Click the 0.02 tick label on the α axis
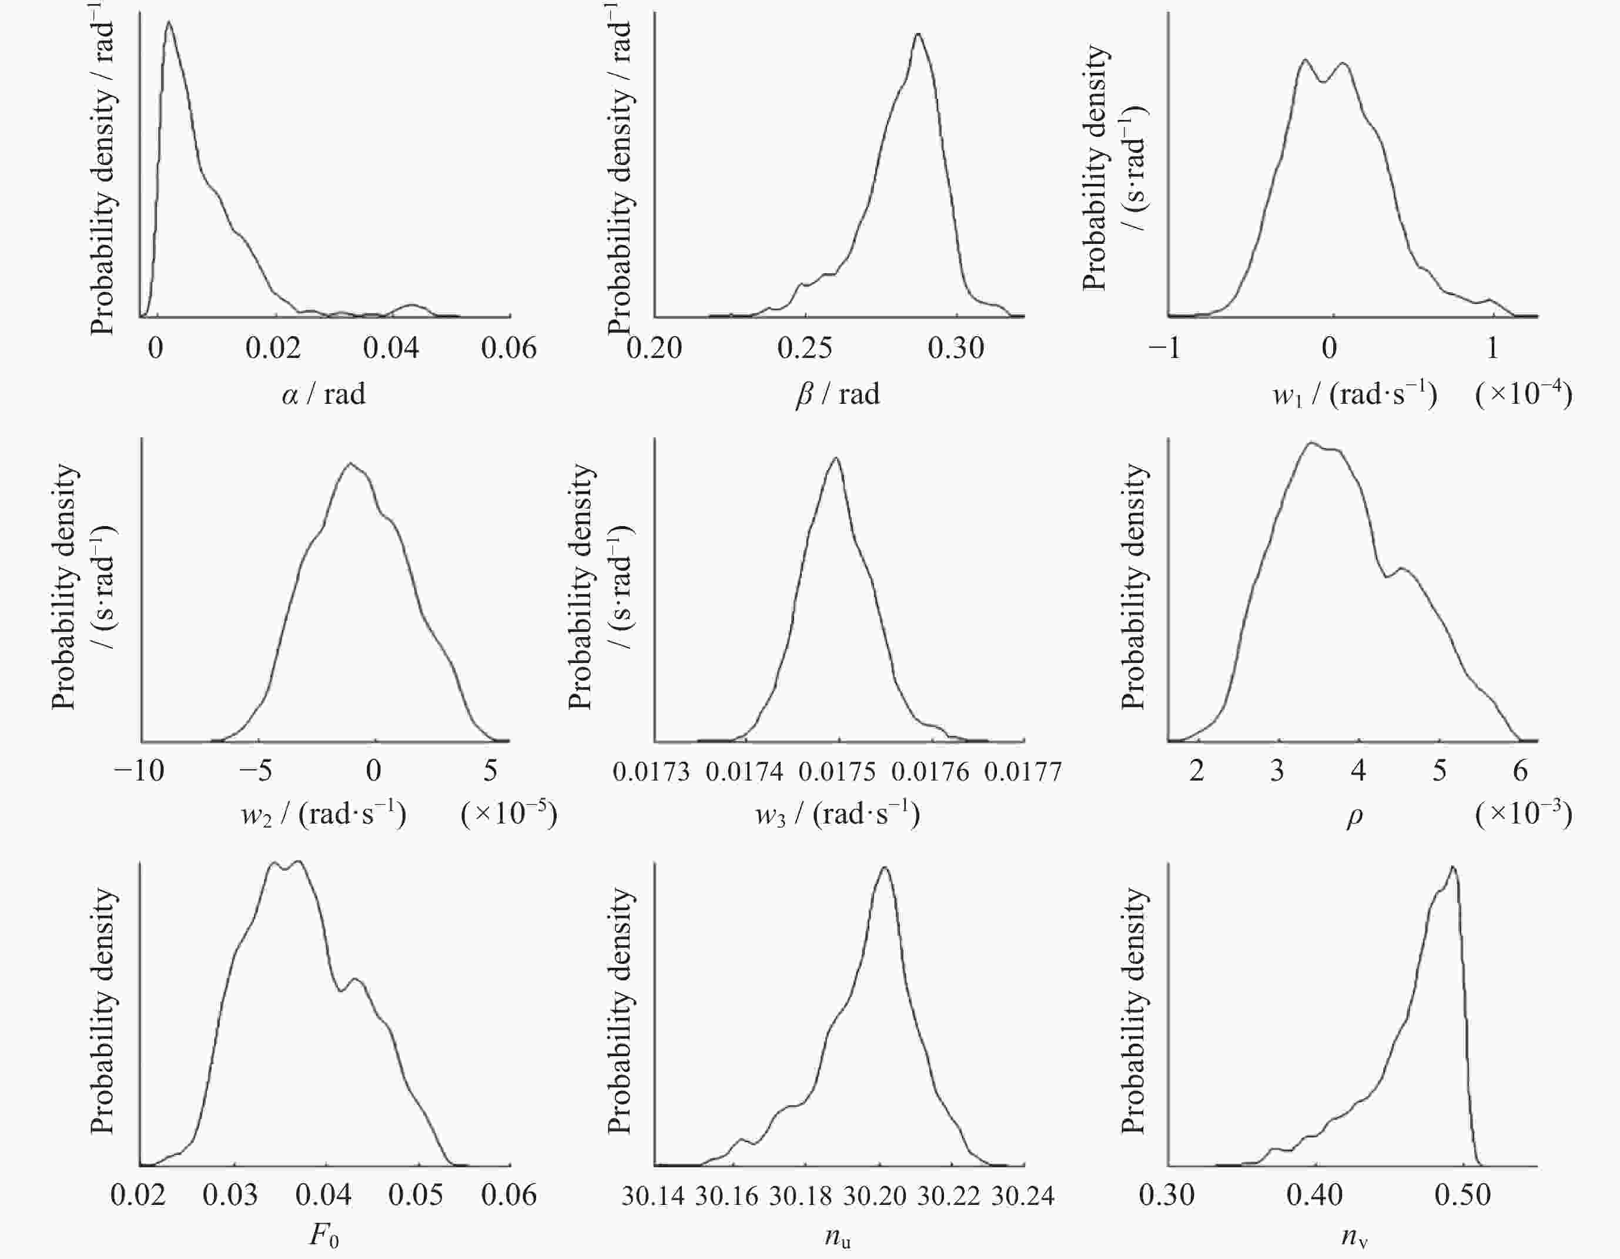273,348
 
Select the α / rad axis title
323,393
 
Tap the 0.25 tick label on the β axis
805,348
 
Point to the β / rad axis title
838,393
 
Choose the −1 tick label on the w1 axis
1164,348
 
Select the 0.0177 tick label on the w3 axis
1023,772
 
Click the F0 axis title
323,1237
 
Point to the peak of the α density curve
169,22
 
